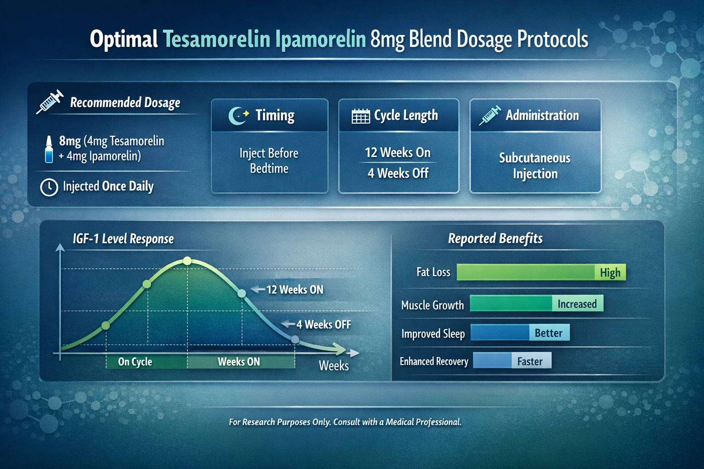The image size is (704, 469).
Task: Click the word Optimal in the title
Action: point(124,39)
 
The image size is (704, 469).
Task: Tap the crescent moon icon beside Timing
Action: point(238,116)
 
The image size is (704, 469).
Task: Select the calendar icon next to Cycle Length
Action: point(361,116)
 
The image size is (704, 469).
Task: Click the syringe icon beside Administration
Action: point(489,115)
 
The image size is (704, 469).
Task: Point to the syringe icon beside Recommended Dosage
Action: point(50,102)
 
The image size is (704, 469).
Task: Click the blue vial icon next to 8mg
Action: point(49,149)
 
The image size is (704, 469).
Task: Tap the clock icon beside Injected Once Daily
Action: point(49,187)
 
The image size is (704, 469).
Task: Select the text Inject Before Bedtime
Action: point(269,161)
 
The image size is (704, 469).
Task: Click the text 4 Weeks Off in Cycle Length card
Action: point(398,173)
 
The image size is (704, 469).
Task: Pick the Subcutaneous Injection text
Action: point(535,166)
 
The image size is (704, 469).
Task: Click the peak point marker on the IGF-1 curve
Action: point(187,261)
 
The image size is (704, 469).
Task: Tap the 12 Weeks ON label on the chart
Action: point(295,290)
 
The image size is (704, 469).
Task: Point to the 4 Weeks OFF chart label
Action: point(323,325)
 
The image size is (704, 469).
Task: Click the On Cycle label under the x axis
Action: point(135,362)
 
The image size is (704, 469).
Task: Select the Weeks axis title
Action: point(334,366)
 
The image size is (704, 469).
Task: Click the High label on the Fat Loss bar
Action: point(610,273)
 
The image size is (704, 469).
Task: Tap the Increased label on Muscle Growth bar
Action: point(577,304)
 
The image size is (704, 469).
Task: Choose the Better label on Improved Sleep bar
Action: point(549,333)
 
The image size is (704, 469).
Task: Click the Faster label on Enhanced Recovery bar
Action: point(530,361)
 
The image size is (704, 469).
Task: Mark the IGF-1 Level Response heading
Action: point(123,239)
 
